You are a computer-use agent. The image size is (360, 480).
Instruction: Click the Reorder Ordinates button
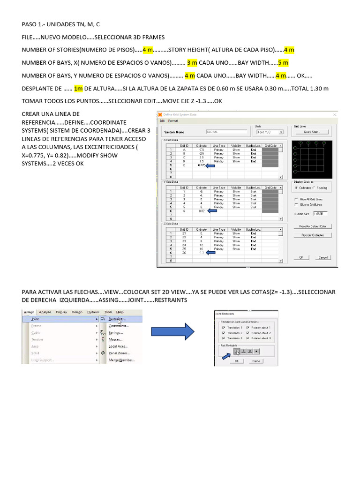click(x=312, y=235)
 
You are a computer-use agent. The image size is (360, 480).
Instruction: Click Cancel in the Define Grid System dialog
click(x=323, y=257)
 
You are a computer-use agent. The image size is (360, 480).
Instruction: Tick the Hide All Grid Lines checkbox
click(x=296, y=199)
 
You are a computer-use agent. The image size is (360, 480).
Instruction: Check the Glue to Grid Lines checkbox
click(x=296, y=205)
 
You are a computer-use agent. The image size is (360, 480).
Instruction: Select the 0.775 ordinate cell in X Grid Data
click(x=202, y=165)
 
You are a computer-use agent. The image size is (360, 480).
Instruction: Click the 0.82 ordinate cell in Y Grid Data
click(x=202, y=210)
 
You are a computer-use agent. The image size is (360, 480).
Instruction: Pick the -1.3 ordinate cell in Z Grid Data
click(x=202, y=252)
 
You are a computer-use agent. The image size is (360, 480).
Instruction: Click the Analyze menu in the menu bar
click(x=45, y=312)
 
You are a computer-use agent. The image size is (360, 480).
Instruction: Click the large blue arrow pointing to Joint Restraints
click(x=173, y=333)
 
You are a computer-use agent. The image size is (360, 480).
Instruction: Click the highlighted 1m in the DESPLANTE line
click(x=78, y=88)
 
